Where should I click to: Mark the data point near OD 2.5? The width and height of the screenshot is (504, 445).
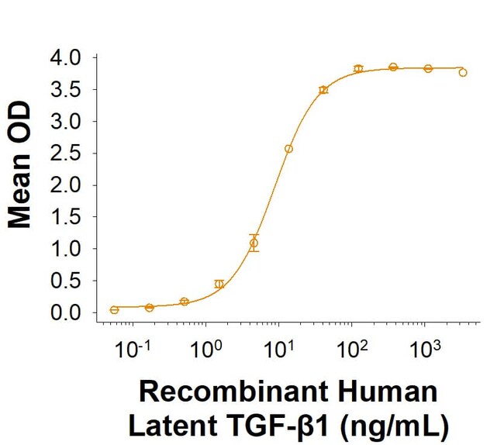pyautogui.click(x=288, y=149)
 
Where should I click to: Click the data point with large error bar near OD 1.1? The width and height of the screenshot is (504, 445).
pyautogui.click(x=254, y=243)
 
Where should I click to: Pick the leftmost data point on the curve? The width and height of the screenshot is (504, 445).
pyautogui.click(x=115, y=310)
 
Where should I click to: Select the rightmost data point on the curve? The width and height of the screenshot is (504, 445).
pyautogui.click(x=463, y=73)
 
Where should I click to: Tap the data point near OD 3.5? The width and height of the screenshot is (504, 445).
pyautogui.click(x=323, y=90)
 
